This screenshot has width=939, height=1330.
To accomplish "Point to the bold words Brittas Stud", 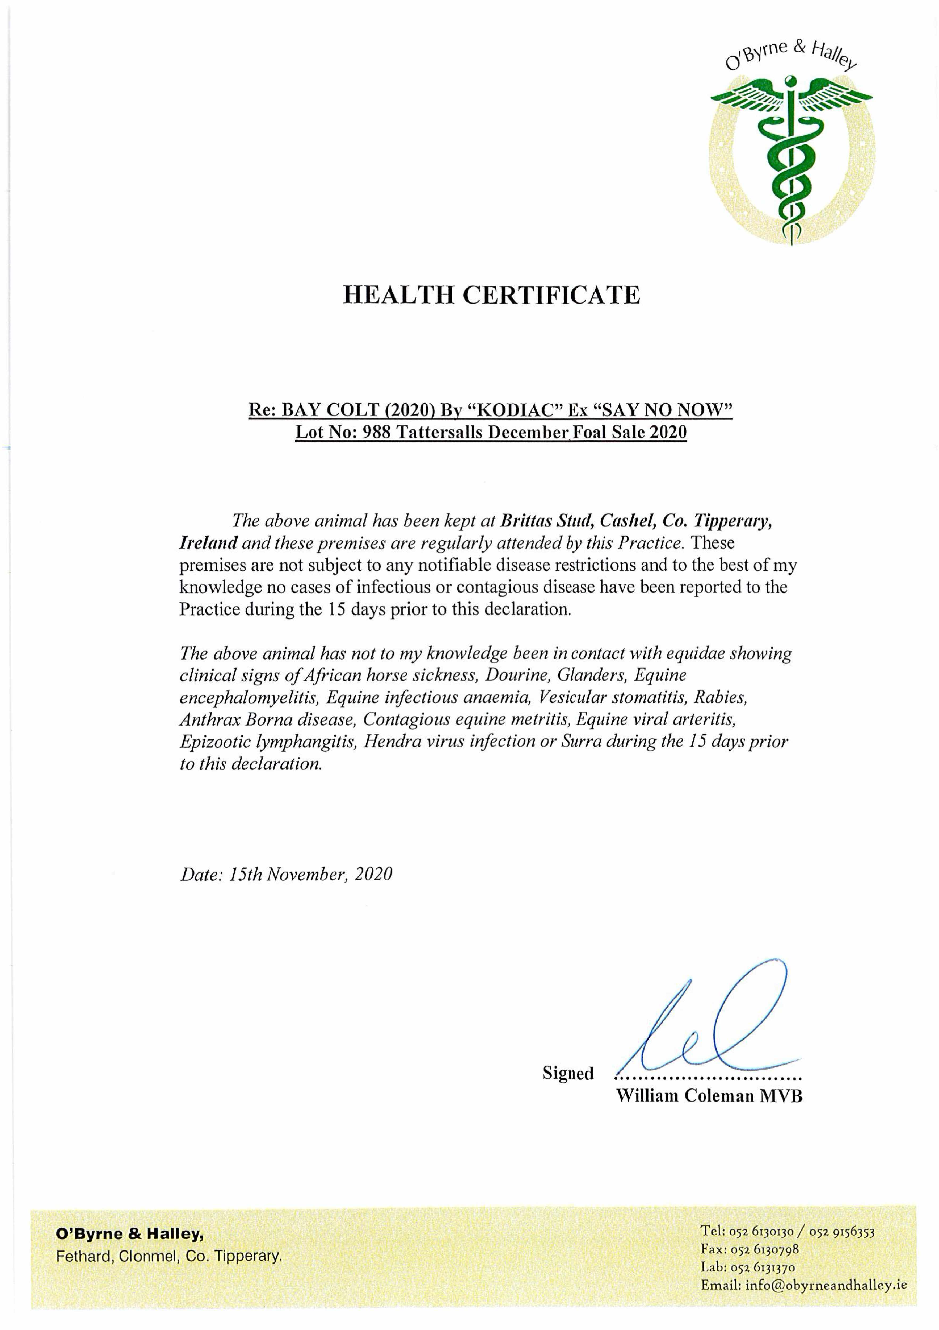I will coord(545,521).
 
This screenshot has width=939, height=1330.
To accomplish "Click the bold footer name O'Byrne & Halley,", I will coord(129,1235).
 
